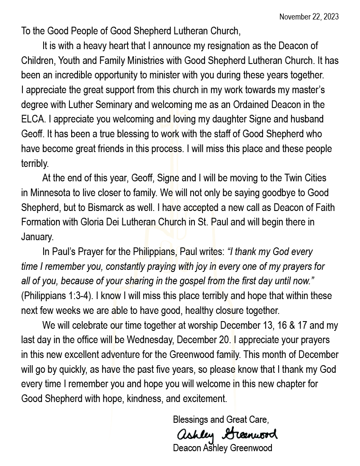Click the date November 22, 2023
[309, 17]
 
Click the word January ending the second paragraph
[37, 237]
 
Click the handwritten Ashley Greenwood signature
[227, 434]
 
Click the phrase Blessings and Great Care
[221, 420]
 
